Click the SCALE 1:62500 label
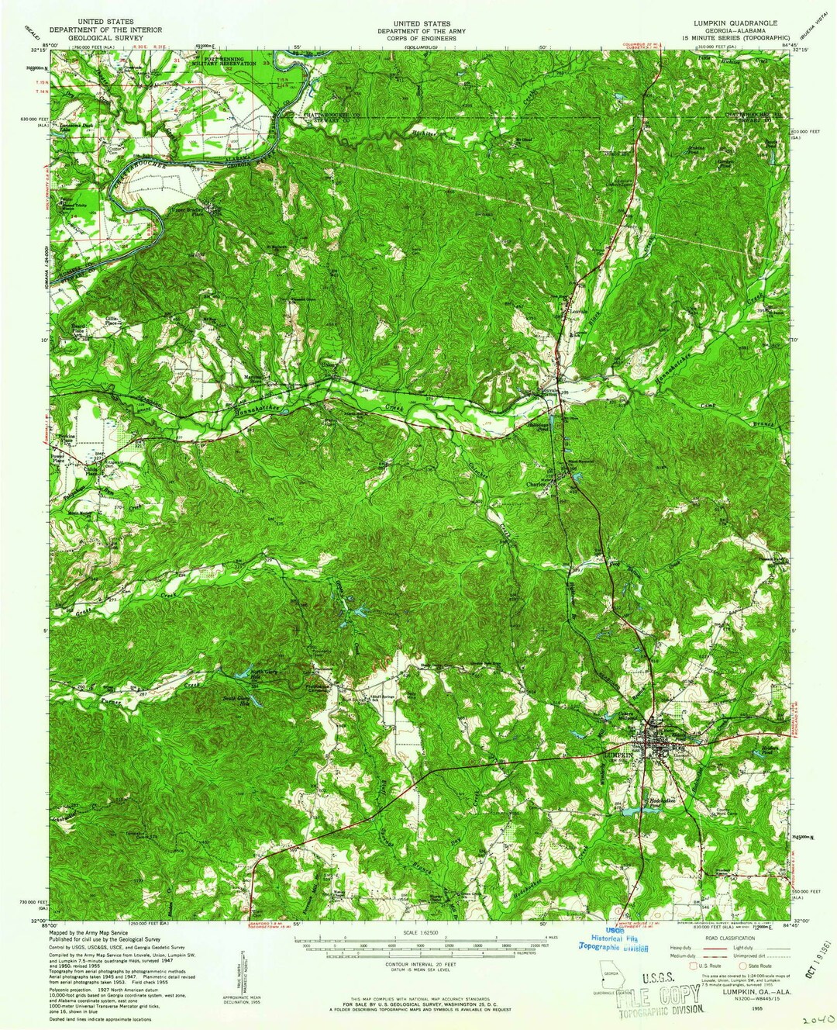pos(421,932)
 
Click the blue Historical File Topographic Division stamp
pos(617,942)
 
